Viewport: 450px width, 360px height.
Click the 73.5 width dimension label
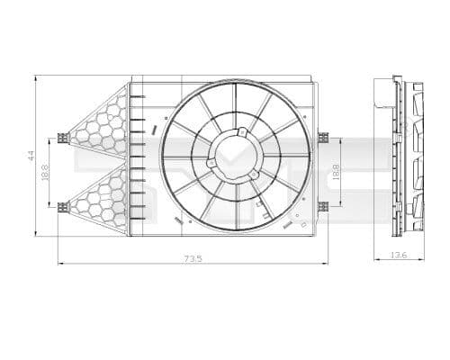coord(191,257)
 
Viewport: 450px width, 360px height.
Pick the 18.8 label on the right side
coord(337,172)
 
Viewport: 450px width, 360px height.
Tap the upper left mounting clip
coord(62,138)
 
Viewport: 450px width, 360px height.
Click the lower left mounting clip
coord(62,207)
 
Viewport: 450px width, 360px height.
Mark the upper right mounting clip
coord(321,138)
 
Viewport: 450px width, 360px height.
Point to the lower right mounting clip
coord(321,207)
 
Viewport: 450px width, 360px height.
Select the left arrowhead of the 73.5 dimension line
coord(60,264)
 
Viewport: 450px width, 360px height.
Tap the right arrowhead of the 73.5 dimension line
coord(325,264)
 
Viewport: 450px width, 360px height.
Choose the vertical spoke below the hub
coord(236,202)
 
